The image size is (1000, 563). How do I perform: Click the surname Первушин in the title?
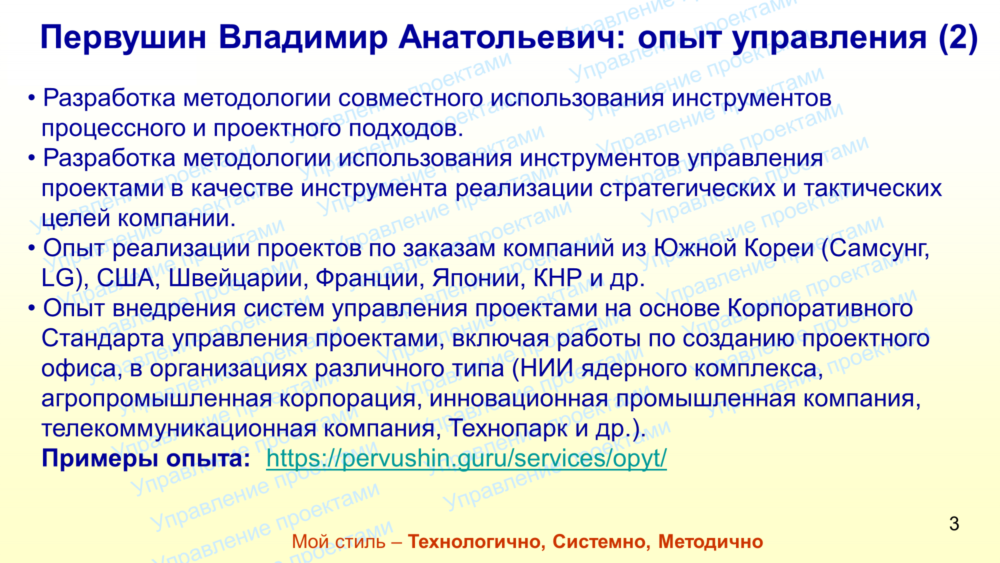(x=123, y=38)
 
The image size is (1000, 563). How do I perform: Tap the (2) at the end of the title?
(x=958, y=38)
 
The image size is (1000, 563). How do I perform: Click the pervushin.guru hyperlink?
(x=466, y=458)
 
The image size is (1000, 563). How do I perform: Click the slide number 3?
(x=954, y=524)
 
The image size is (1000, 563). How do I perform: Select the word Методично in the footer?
(x=710, y=542)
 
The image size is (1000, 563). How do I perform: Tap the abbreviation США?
(x=125, y=278)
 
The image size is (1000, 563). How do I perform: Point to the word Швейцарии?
(x=235, y=279)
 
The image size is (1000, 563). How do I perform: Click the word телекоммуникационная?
(x=178, y=429)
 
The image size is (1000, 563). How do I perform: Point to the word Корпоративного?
(x=820, y=309)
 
